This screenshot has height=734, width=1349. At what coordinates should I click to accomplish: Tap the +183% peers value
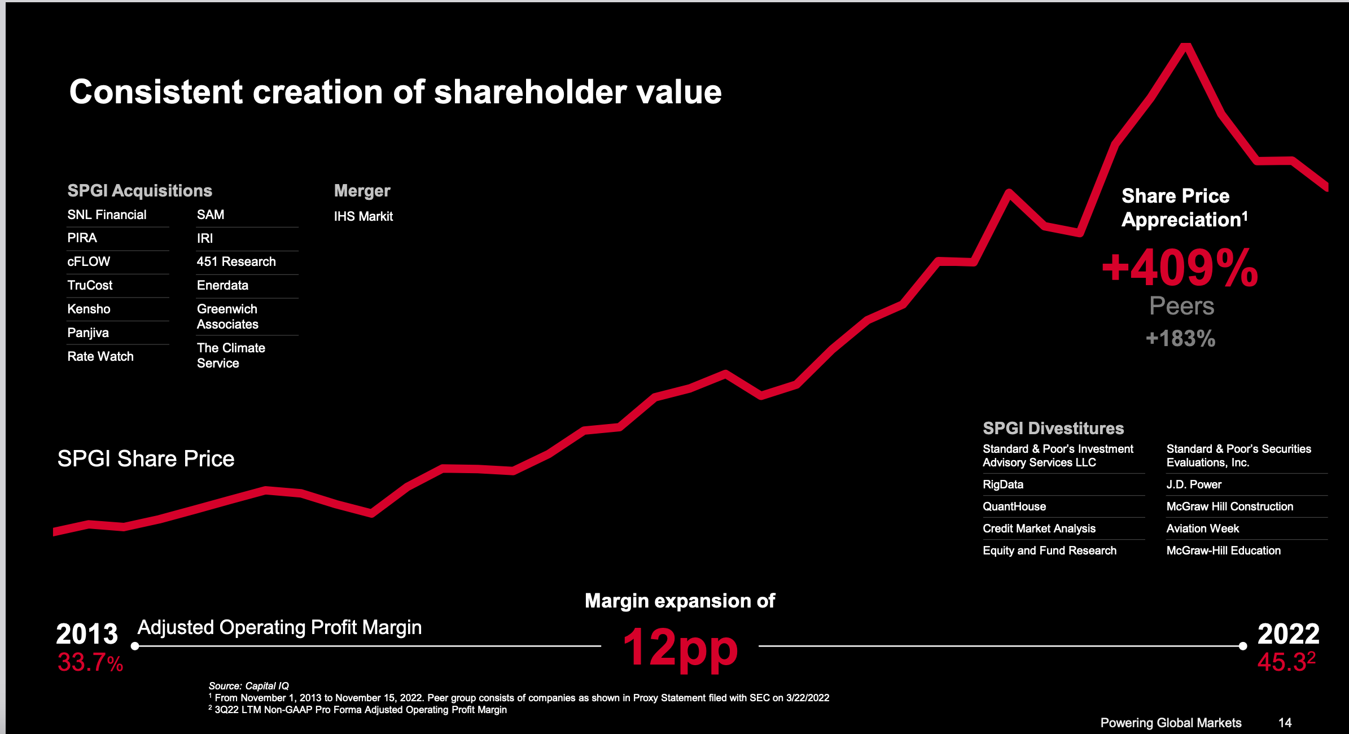tap(1180, 339)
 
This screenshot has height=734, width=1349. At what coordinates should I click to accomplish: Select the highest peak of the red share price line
tap(1186, 46)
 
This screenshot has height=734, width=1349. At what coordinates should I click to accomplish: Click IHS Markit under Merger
tap(363, 216)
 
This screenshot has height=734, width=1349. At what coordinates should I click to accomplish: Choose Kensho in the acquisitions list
tap(89, 309)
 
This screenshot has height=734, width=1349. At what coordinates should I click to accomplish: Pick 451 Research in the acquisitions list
tap(236, 261)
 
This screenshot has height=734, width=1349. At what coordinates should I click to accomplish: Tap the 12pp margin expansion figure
tap(680, 648)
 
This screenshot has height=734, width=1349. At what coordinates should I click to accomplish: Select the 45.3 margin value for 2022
tap(1282, 662)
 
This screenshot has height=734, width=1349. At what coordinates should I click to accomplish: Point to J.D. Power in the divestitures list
tap(1193, 484)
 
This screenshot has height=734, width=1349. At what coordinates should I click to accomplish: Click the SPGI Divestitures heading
tap(1053, 428)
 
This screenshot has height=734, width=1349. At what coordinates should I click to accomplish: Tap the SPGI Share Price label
tap(146, 458)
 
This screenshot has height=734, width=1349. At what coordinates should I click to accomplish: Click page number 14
tap(1285, 723)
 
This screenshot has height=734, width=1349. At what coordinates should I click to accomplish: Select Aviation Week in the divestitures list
tap(1202, 528)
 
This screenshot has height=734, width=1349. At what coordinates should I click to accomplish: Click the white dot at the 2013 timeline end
tap(135, 646)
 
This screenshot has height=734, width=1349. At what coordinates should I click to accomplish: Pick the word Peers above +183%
tap(1181, 306)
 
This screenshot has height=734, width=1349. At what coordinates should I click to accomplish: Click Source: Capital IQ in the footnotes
tap(248, 685)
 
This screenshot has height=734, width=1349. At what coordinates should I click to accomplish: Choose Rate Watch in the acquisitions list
tap(100, 356)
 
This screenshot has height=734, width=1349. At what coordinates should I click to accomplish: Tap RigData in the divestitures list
tap(1002, 484)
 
